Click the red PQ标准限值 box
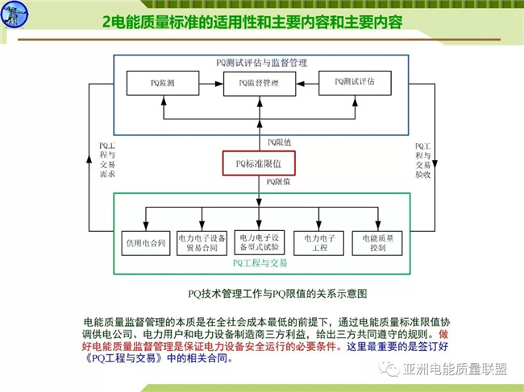tap(259, 163)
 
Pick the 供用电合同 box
tap(145, 242)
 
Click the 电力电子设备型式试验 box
tap(259, 242)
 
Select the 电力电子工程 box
tap(319, 242)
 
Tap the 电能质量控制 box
tap(377, 242)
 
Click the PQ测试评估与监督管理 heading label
tap(261, 61)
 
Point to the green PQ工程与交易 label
tap(260, 262)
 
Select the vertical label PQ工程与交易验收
tap(420, 160)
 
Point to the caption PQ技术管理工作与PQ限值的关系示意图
tap(261, 294)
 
